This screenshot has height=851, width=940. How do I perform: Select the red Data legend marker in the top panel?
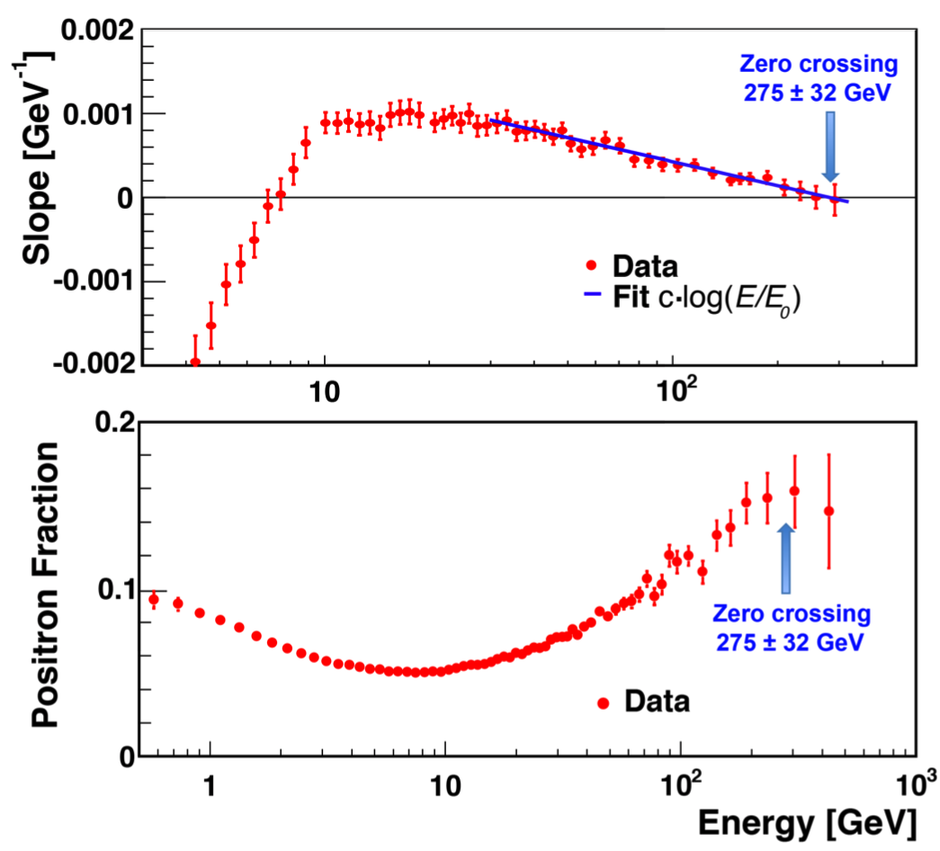[590, 265]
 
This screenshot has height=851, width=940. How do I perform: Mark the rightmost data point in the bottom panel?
[828, 511]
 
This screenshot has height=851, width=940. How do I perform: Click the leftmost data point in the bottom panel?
[153, 599]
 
